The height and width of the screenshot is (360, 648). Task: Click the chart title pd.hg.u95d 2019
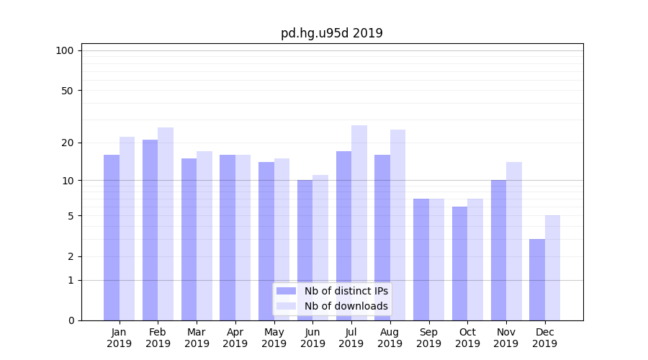pos(332,33)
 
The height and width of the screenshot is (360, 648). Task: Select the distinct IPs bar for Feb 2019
pos(150,230)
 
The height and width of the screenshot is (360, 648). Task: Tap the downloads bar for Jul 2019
pos(359,222)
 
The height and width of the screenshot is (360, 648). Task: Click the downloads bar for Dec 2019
pos(553,268)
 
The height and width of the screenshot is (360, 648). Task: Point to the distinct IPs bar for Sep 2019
pos(421,259)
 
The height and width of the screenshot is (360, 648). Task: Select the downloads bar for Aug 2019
pos(398,225)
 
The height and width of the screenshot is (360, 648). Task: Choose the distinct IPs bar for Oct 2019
pos(460,264)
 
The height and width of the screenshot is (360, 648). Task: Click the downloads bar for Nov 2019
pos(514,241)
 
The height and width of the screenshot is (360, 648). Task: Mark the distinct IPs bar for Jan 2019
pos(112,238)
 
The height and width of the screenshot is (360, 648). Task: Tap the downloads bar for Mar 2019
pos(204,235)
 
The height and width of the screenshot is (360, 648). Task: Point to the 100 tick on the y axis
pos(65,50)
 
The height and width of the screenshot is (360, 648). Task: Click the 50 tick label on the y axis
pos(67,91)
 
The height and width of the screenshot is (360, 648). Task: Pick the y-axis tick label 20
pos(67,143)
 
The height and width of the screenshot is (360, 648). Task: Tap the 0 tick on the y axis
pos(70,320)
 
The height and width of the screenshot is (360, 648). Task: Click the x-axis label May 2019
pos(274,338)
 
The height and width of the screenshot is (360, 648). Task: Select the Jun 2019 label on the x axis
pos(312,338)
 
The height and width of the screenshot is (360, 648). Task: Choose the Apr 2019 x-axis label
pos(235,338)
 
